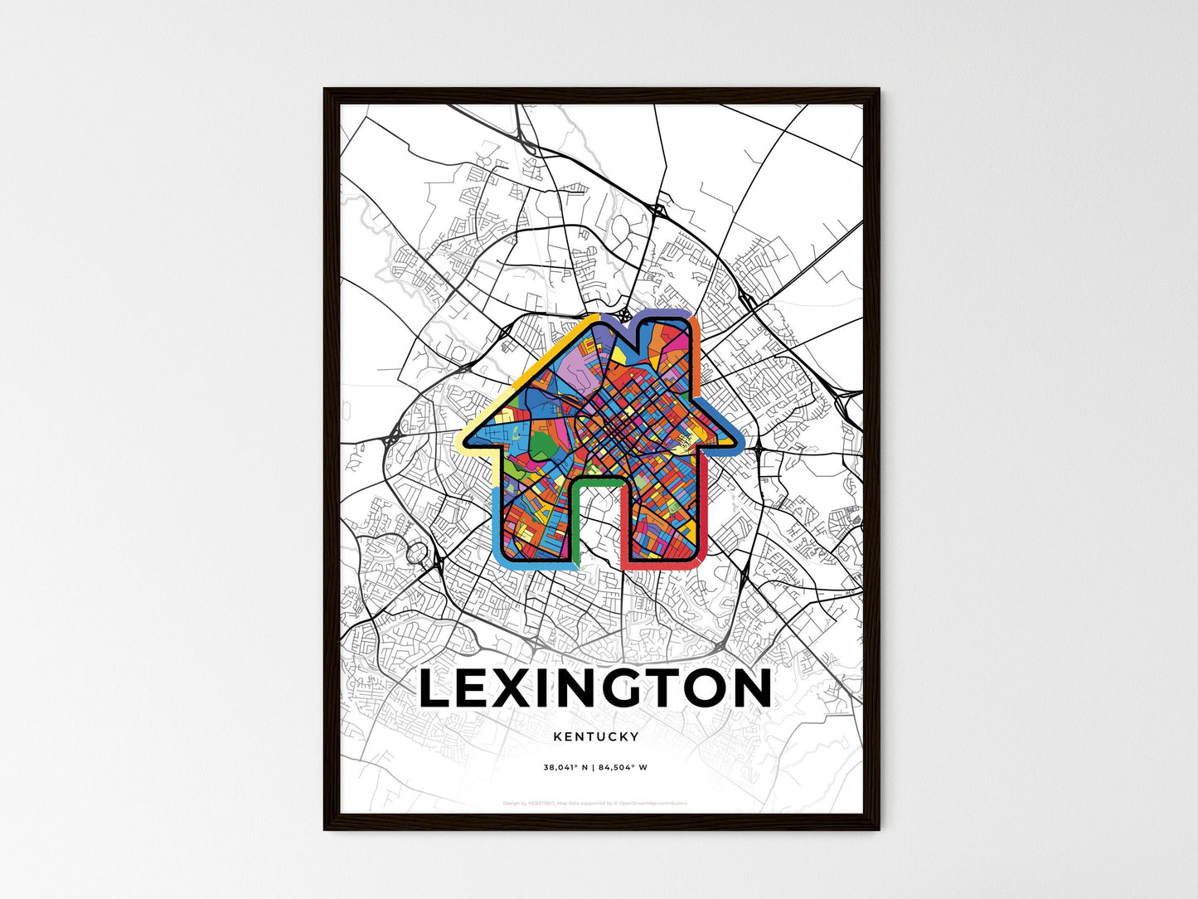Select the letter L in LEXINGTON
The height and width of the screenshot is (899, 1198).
[435, 688]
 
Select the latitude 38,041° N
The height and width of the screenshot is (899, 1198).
[565, 767]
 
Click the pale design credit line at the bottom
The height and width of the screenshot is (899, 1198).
[596, 803]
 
